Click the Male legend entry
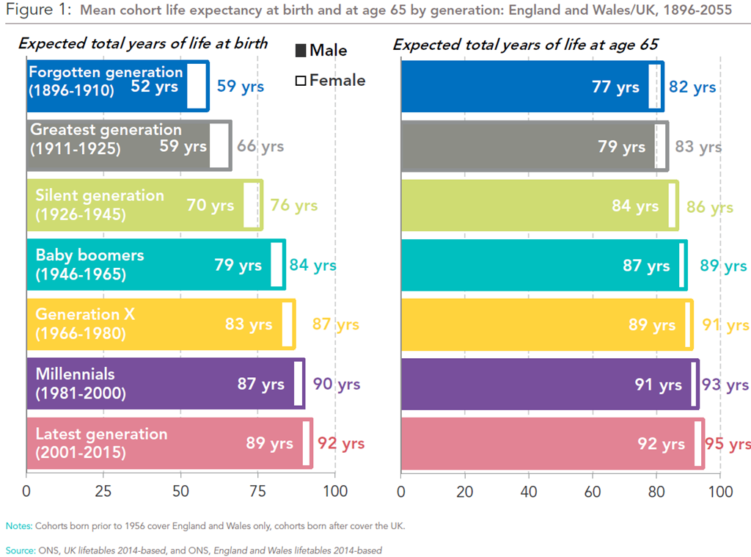(320, 51)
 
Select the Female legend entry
(329, 80)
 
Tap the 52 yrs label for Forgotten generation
(155, 87)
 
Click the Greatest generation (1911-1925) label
(106, 138)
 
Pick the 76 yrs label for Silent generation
(294, 205)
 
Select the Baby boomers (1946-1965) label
(89, 264)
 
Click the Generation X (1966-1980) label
(86, 324)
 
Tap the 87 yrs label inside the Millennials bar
(260, 384)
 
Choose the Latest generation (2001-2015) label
(101, 443)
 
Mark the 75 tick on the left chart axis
(257, 491)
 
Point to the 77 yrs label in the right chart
(615, 87)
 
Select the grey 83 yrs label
(698, 147)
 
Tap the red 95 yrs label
(728, 444)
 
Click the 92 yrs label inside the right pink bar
(661, 444)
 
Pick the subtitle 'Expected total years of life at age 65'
(525, 44)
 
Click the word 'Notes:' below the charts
(18, 526)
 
